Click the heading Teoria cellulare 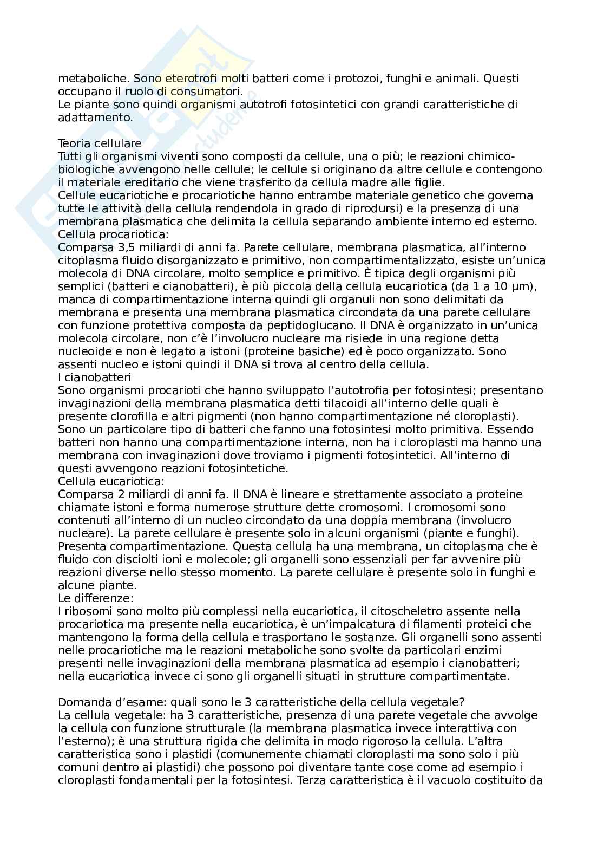click(100, 143)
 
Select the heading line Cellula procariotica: click(113, 234)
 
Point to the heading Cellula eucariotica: click(111, 481)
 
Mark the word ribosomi click(86, 611)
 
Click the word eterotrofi click(188, 79)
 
